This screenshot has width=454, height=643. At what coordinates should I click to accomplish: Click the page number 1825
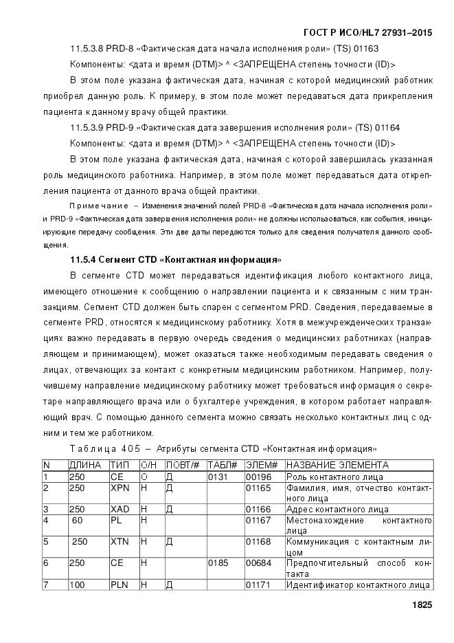421,605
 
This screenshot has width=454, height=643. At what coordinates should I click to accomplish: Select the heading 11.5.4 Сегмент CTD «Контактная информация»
176,260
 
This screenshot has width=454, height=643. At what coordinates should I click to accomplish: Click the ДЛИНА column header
85,465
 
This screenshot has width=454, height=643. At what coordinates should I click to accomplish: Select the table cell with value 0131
218,476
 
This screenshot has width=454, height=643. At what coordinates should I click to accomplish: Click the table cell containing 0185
218,563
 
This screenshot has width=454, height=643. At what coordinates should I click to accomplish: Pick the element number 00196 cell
257,476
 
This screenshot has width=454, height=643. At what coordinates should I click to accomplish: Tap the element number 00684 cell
257,563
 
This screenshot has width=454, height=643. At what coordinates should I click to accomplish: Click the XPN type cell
120,488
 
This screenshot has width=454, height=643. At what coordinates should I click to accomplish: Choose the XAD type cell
120,509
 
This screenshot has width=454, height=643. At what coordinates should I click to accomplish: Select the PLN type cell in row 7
120,585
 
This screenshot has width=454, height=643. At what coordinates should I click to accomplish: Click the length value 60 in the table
77,520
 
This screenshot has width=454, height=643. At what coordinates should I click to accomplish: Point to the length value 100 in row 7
77,585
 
